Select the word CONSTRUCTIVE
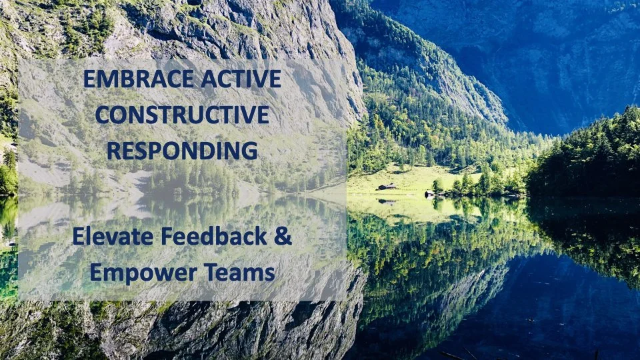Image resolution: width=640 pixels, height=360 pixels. pyautogui.click(x=182, y=115)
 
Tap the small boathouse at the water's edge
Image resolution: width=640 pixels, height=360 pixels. pyautogui.click(x=429, y=193)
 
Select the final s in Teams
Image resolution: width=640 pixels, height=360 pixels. pyautogui.click(x=269, y=273)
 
